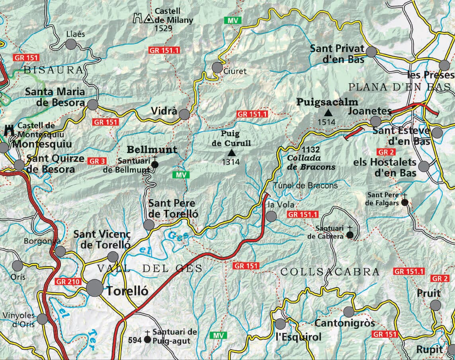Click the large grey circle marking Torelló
[95, 288]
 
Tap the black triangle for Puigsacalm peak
[328, 113]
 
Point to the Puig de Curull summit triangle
[231, 152]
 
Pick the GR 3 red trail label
[97, 161]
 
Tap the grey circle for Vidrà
[184, 115]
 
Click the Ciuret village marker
[217, 67]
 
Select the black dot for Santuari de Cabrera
[350, 235]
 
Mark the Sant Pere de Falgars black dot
[404, 202]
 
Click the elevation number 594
[135, 340]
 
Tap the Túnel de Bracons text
[306, 186]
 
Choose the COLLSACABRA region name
[330, 272]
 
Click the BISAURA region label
[54, 70]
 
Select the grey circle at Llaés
[70, 44]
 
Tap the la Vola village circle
[271, 216]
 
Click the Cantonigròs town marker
[349, 312]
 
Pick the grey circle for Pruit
[435, 305]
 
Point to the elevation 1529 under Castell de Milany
[164, 28]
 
